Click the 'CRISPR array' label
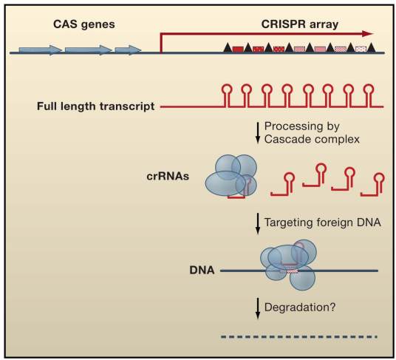click(301, 24)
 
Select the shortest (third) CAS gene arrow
click(128, 50)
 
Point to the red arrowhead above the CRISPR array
click(367, 33)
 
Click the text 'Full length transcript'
click(95, 106)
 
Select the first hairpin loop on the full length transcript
click(228, 91)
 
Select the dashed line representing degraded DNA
click(299, 337)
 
